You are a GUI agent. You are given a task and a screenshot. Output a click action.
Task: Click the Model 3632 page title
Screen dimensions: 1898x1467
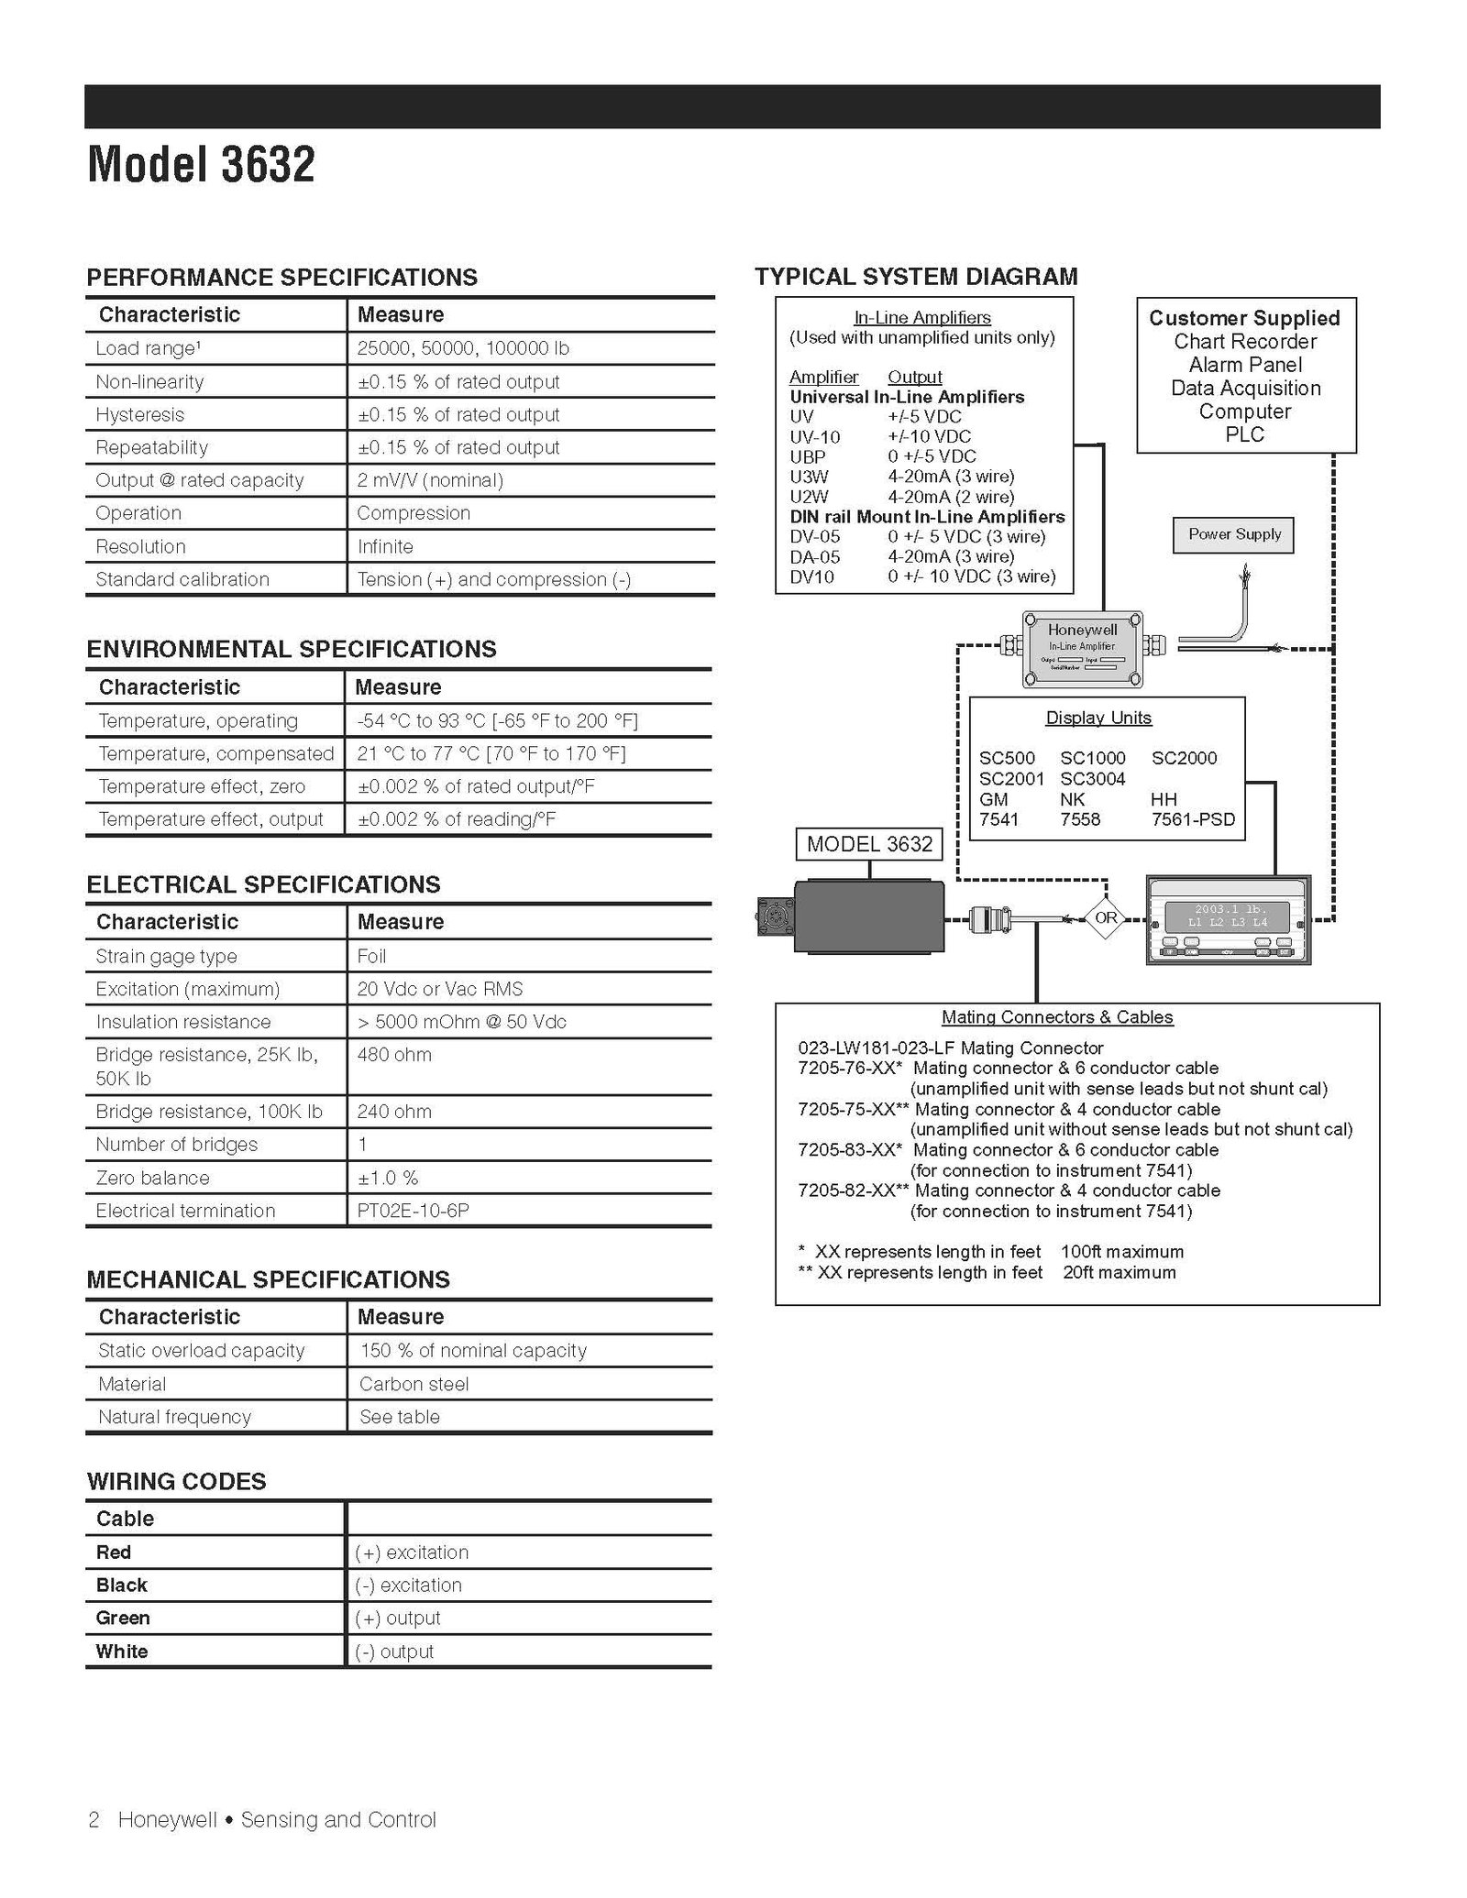tap(201, 165)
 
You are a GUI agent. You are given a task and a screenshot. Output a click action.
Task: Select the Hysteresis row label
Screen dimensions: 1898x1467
tap(139, 414)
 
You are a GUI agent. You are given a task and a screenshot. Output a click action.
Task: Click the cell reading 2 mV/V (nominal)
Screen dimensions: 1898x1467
tap(429, 480)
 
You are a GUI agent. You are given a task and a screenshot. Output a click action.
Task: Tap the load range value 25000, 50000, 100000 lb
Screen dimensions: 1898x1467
tap(463, 348)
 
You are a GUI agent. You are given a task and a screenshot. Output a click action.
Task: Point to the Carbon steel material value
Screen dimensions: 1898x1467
tap(414, 1384)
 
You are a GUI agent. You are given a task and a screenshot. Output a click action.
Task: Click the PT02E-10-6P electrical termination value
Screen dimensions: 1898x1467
tap(413, 1211)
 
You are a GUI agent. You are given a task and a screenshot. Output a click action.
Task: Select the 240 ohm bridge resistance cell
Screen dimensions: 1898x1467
tap(394, 1112)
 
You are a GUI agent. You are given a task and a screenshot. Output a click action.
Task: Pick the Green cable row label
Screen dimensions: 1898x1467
tap(123, 1618)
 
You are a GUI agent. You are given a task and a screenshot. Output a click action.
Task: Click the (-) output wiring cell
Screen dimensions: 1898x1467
tap(394, 1651)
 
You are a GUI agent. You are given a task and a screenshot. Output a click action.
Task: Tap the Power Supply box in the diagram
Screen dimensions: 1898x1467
tap(1233, 534)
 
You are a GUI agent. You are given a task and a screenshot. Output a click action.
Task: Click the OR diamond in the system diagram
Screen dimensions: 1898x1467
tap(1106, 917)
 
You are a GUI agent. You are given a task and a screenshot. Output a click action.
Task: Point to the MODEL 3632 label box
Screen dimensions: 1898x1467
tap(869, 844)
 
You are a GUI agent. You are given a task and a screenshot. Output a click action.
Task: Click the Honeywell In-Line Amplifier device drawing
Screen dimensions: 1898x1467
tap(1082, 649)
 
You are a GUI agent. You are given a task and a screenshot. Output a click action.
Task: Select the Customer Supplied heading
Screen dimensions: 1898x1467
tap(1244, 318)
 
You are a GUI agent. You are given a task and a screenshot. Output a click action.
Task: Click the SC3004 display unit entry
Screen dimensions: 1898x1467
tap(1092, 779)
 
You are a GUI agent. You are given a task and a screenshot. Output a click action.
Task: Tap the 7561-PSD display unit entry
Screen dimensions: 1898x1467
tap(1193, 819)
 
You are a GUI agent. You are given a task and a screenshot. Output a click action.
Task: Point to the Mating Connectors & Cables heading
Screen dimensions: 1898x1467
tap(1056, 1017)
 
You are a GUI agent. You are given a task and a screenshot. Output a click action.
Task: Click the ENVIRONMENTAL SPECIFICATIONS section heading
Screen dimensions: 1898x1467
tap(292, 649)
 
